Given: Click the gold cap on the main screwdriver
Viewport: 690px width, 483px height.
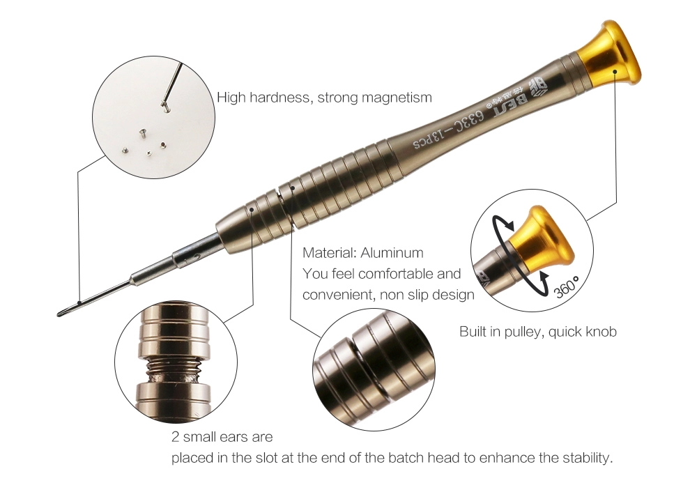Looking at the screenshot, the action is point(609,55).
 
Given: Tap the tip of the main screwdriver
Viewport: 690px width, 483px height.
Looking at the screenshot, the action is point(59,314).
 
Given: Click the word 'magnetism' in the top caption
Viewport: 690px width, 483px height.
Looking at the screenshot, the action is point(397,98).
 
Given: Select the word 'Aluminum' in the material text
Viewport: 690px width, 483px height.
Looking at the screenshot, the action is point(392,253).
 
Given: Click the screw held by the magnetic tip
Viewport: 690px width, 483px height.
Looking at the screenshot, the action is point(165,105).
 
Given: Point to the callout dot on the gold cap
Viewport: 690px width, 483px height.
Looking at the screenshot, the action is point(615,70).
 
